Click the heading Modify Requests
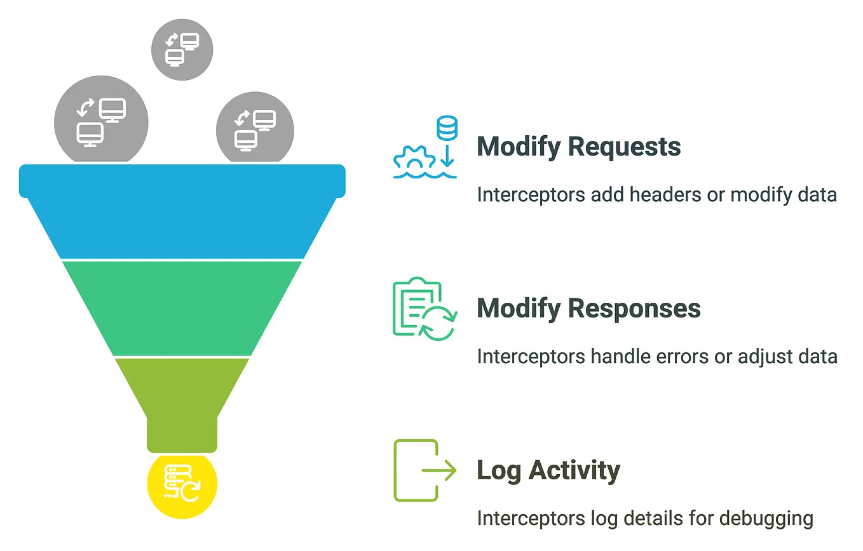point(578,147)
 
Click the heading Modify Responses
point(588,309)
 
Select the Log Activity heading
point(548,471)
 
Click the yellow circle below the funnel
point(182,485)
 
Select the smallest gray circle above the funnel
point(182,49)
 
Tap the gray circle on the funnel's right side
point(255,128)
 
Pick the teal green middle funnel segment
point(182,308)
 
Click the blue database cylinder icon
point(447,129)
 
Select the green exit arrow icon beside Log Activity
point(425,470)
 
